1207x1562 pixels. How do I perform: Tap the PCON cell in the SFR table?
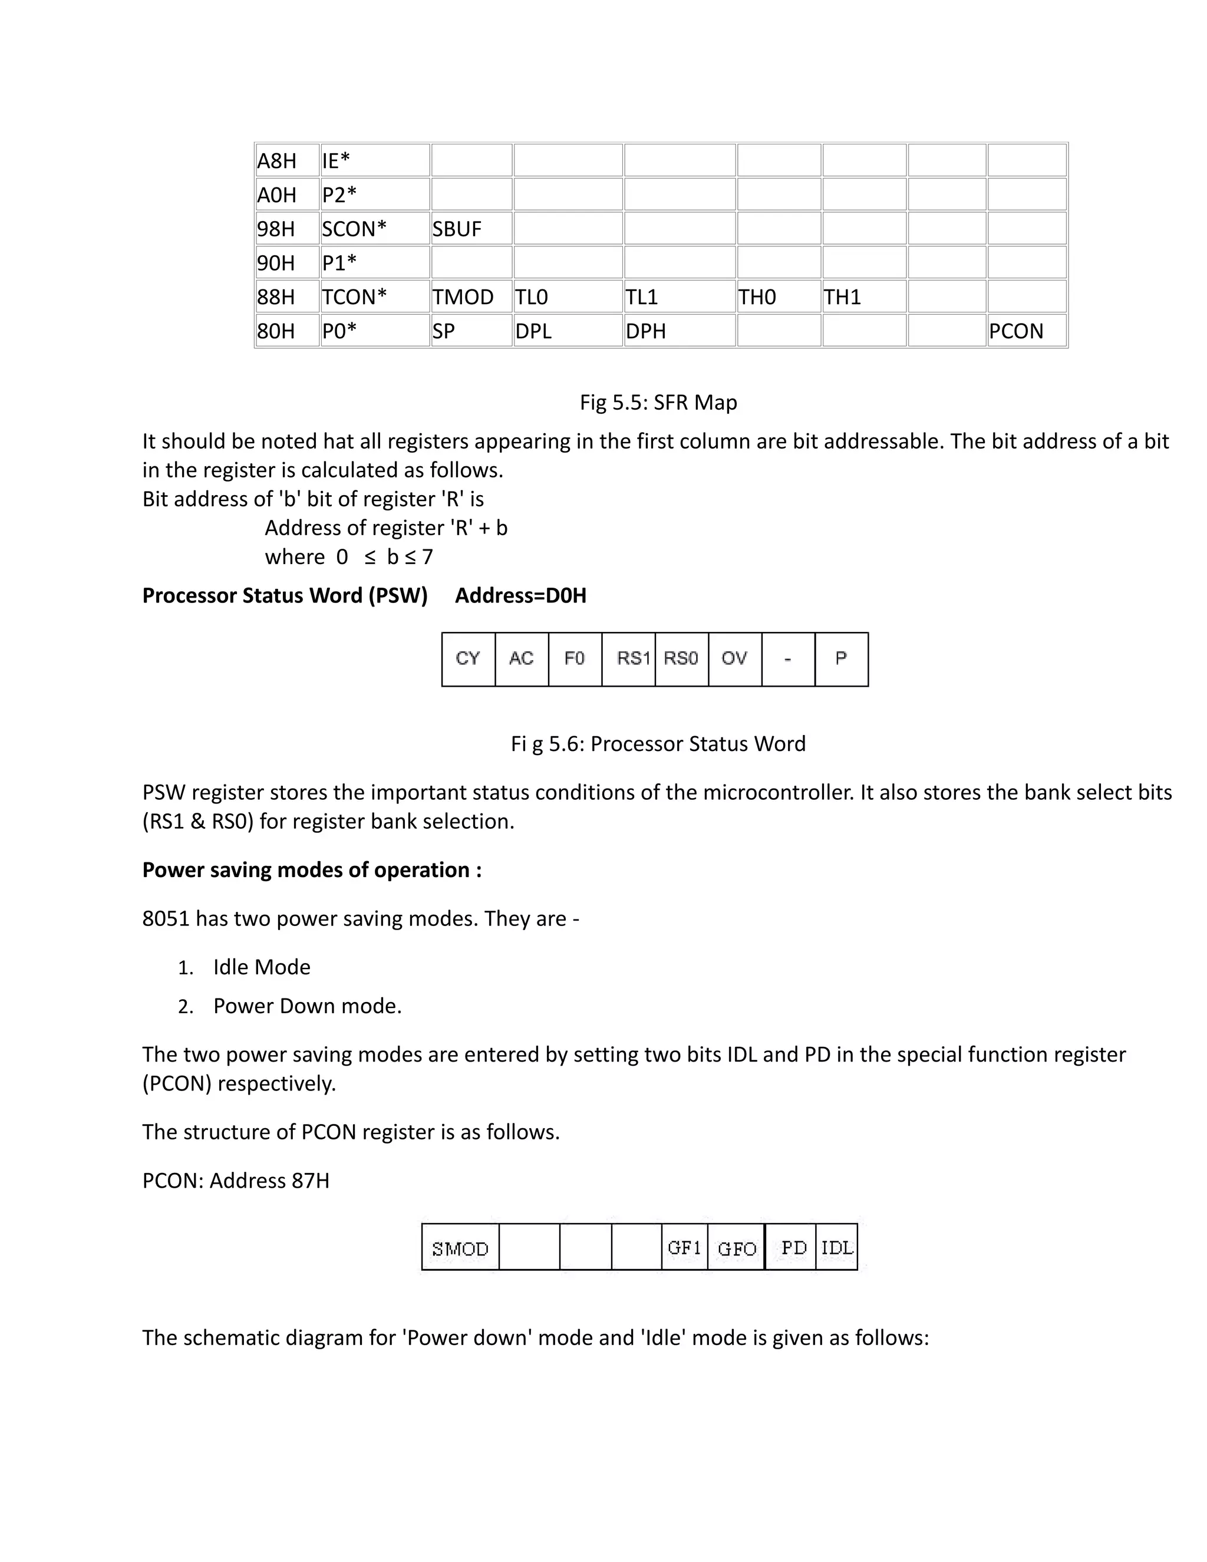(x=1026, y=331)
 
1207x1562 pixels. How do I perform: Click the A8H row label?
(x=286, y=161)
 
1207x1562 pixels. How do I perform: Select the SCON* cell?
(x=374, y=229)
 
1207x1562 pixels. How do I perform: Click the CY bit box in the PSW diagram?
(x=469, y=659)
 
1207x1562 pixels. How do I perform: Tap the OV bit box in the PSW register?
(x=734, y=659)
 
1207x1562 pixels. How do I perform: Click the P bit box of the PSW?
(x=841, y=659)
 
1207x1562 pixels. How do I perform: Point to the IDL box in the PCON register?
(x=837, y=1248)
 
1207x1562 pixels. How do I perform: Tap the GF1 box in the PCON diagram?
(x=684, y=1248)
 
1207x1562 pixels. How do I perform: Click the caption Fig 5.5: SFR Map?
(x=658, y=403)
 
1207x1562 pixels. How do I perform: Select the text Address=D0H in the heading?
(x=520, y=596)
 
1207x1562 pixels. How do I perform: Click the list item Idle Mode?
(x=262, y=967)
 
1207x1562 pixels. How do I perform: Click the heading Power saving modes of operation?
(x=312, y=869)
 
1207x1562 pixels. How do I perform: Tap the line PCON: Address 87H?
(x=236, y=1180)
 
